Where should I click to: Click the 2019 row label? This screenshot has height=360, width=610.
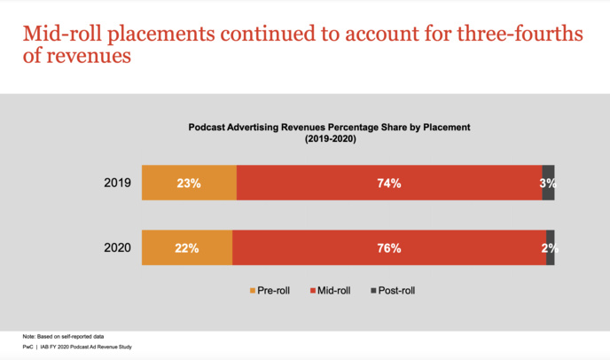point(117,184)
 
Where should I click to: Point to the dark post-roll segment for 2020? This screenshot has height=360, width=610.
point(551,238)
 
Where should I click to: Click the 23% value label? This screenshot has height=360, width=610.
point(188,184)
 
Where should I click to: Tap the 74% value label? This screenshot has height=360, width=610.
point(389,184)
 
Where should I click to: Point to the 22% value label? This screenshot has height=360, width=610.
point(186,248)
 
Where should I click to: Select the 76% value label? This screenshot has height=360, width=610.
point(389,248)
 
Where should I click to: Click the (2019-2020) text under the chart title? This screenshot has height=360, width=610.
point(329,140)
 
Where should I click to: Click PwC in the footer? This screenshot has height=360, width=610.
point(29,348)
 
